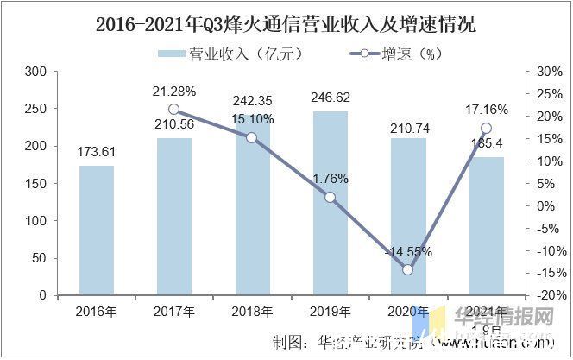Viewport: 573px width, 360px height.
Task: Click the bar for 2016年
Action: pos(96,231)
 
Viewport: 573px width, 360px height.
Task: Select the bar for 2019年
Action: pos(330,203)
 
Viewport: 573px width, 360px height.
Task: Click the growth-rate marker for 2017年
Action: pos(174,110)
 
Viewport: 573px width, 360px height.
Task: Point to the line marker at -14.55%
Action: pos(408,269)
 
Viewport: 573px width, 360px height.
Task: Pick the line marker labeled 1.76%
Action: pos(330,197)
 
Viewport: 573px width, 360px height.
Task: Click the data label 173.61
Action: pos(96,153)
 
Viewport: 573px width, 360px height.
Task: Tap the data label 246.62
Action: pos(330,98)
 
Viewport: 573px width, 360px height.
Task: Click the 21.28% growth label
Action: pos(174,90)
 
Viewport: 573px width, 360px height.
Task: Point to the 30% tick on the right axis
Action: pos(548,72)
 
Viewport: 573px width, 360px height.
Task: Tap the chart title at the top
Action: pos(286,24)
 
